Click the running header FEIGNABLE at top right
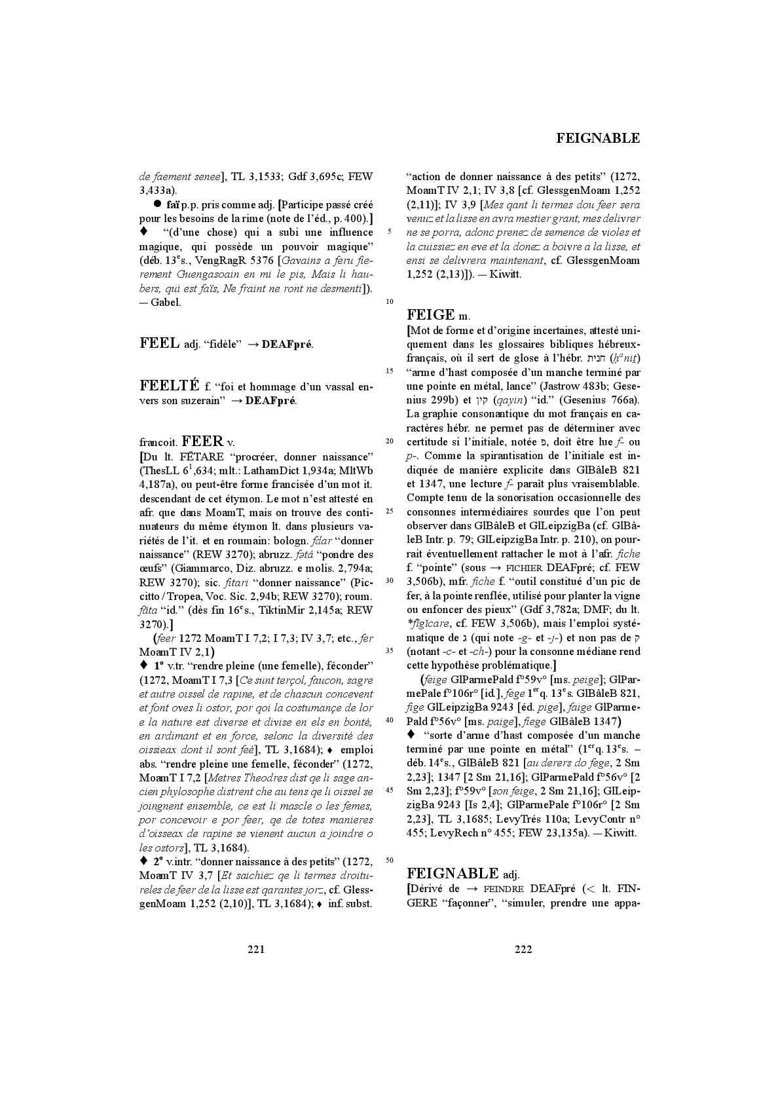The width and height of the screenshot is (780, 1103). (598, 138)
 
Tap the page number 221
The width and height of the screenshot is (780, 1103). (256, 949)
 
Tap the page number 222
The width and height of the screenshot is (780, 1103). (523, 949)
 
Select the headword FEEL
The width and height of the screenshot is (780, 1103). (160, 343)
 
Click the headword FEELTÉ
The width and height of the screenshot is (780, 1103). (170, 386)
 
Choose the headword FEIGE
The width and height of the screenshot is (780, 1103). (430, 314)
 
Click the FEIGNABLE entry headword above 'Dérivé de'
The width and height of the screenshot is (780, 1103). (453, 873)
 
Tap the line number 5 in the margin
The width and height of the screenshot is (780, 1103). (390, 232)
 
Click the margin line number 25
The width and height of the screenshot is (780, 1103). (390, 511)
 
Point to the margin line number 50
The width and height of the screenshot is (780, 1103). (390, 859)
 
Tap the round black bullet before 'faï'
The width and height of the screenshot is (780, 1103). (158, 204)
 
